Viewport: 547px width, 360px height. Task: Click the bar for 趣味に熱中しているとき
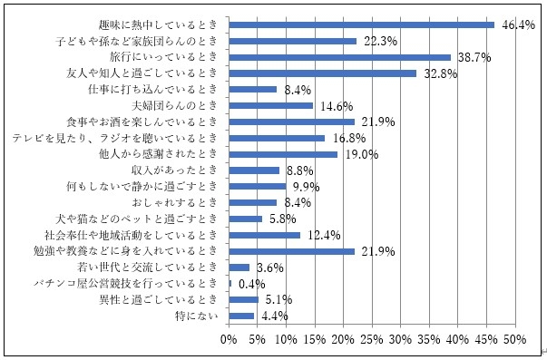click(361, 24)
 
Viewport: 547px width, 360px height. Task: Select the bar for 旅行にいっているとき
click(339, 57)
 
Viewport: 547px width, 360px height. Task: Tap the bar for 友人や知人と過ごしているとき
click(322, 73)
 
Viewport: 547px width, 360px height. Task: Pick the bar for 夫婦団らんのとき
click(270, 105)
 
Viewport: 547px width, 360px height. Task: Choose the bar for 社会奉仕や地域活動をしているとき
click(264, 235)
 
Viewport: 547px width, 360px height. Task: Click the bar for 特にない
click(241, 316)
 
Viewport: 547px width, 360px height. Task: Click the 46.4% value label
click(515, 24)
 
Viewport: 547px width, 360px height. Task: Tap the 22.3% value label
click(377, 41)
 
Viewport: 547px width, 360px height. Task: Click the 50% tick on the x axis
click(515, 339)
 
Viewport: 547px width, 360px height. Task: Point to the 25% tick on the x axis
click(372, 339)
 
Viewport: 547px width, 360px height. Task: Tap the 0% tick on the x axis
click(229, 339)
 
